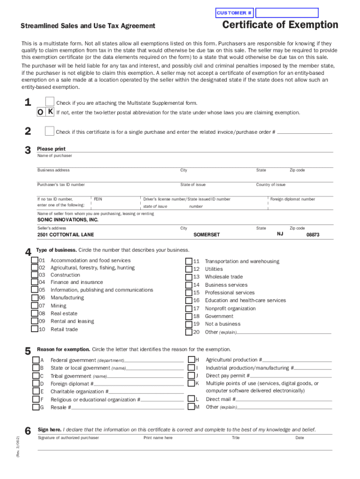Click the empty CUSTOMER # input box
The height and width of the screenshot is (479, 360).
pyautogui.click(x=287, y=13)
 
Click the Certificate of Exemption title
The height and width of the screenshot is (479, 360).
pyautogui.click(x=280, y=25)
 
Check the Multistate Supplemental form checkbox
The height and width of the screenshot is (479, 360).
pyautogui.click(x=50, y=102)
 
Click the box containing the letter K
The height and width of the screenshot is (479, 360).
pyautogui.click(x=50, y=112)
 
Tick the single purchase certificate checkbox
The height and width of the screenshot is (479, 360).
pyautogui.click(x=50, y=131)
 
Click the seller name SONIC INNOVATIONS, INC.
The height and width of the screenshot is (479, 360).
pyautogui.click(x=68, y=220)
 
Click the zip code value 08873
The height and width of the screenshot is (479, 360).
pyautogui.click(x=313, y=235)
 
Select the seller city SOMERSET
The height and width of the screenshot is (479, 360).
pyautogui.click(x=206, y=235)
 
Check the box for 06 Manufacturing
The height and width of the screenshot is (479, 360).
pyautogui.click(x=35, y=298)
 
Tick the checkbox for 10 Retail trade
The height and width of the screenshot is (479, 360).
pyautogui.click(x=35, y=329)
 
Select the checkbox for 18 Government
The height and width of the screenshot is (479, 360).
pyautogui.click(x=188, y=316)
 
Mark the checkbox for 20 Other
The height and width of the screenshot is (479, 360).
pyautogui.click(x=188, y=332)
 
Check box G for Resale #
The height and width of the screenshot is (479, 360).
pyautogui.click(x=36, y=407)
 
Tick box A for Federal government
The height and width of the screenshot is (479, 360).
pyautogui.click(x=36, y=360)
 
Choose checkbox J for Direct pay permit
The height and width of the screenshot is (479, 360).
pyautogui.click(x=191, y=375)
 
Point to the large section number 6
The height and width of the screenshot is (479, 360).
pyautogui.click(x=28, y=431)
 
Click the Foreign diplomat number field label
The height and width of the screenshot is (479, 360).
pyautogui.click(x=293, y=199)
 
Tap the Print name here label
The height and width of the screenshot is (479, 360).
pyautogui.click(x=158, y=438)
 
